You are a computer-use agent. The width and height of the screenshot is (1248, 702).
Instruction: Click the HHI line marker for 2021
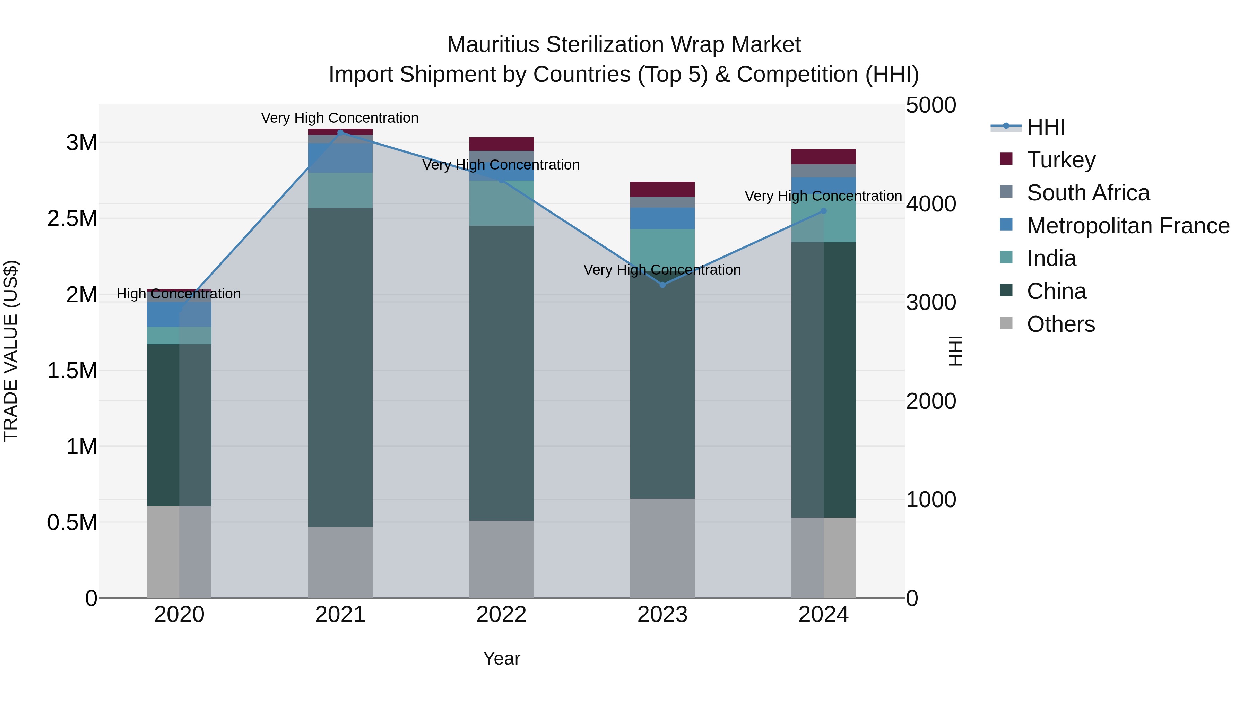point(340,133)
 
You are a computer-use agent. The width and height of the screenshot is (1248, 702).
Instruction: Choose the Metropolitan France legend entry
point(1128,226)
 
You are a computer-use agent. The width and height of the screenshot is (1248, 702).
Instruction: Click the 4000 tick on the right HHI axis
point(931,204)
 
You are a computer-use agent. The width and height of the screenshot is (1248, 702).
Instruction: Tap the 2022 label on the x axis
point(501,615)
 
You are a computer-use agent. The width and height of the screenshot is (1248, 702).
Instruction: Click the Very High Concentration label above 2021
point(340,118)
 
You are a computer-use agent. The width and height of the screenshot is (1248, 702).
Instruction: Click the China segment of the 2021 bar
point(340,367)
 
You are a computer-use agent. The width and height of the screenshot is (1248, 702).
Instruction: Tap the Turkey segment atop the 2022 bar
point(501,144)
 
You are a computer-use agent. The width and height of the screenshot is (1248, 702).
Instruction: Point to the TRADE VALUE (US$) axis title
point(11,351)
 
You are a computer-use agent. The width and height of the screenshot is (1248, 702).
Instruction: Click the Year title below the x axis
point(501,658)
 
